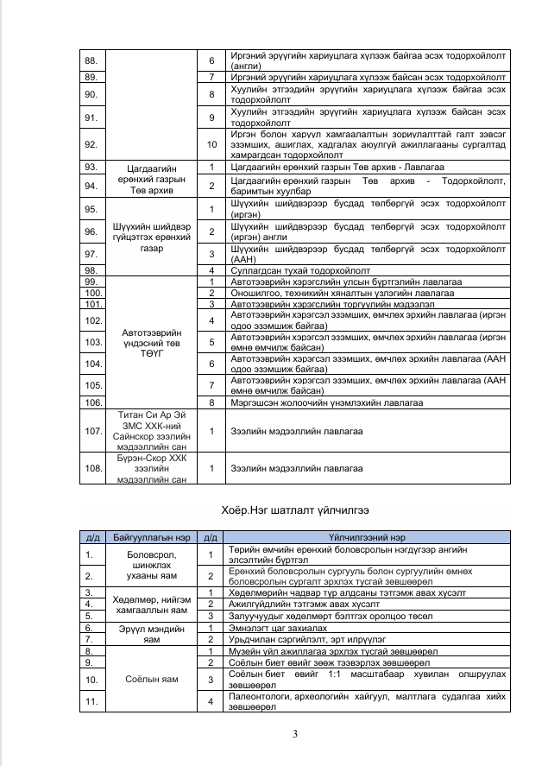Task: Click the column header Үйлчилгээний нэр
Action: pos(368,538)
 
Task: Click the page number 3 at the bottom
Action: pos(295,735)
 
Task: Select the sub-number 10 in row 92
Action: pos(212,144)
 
